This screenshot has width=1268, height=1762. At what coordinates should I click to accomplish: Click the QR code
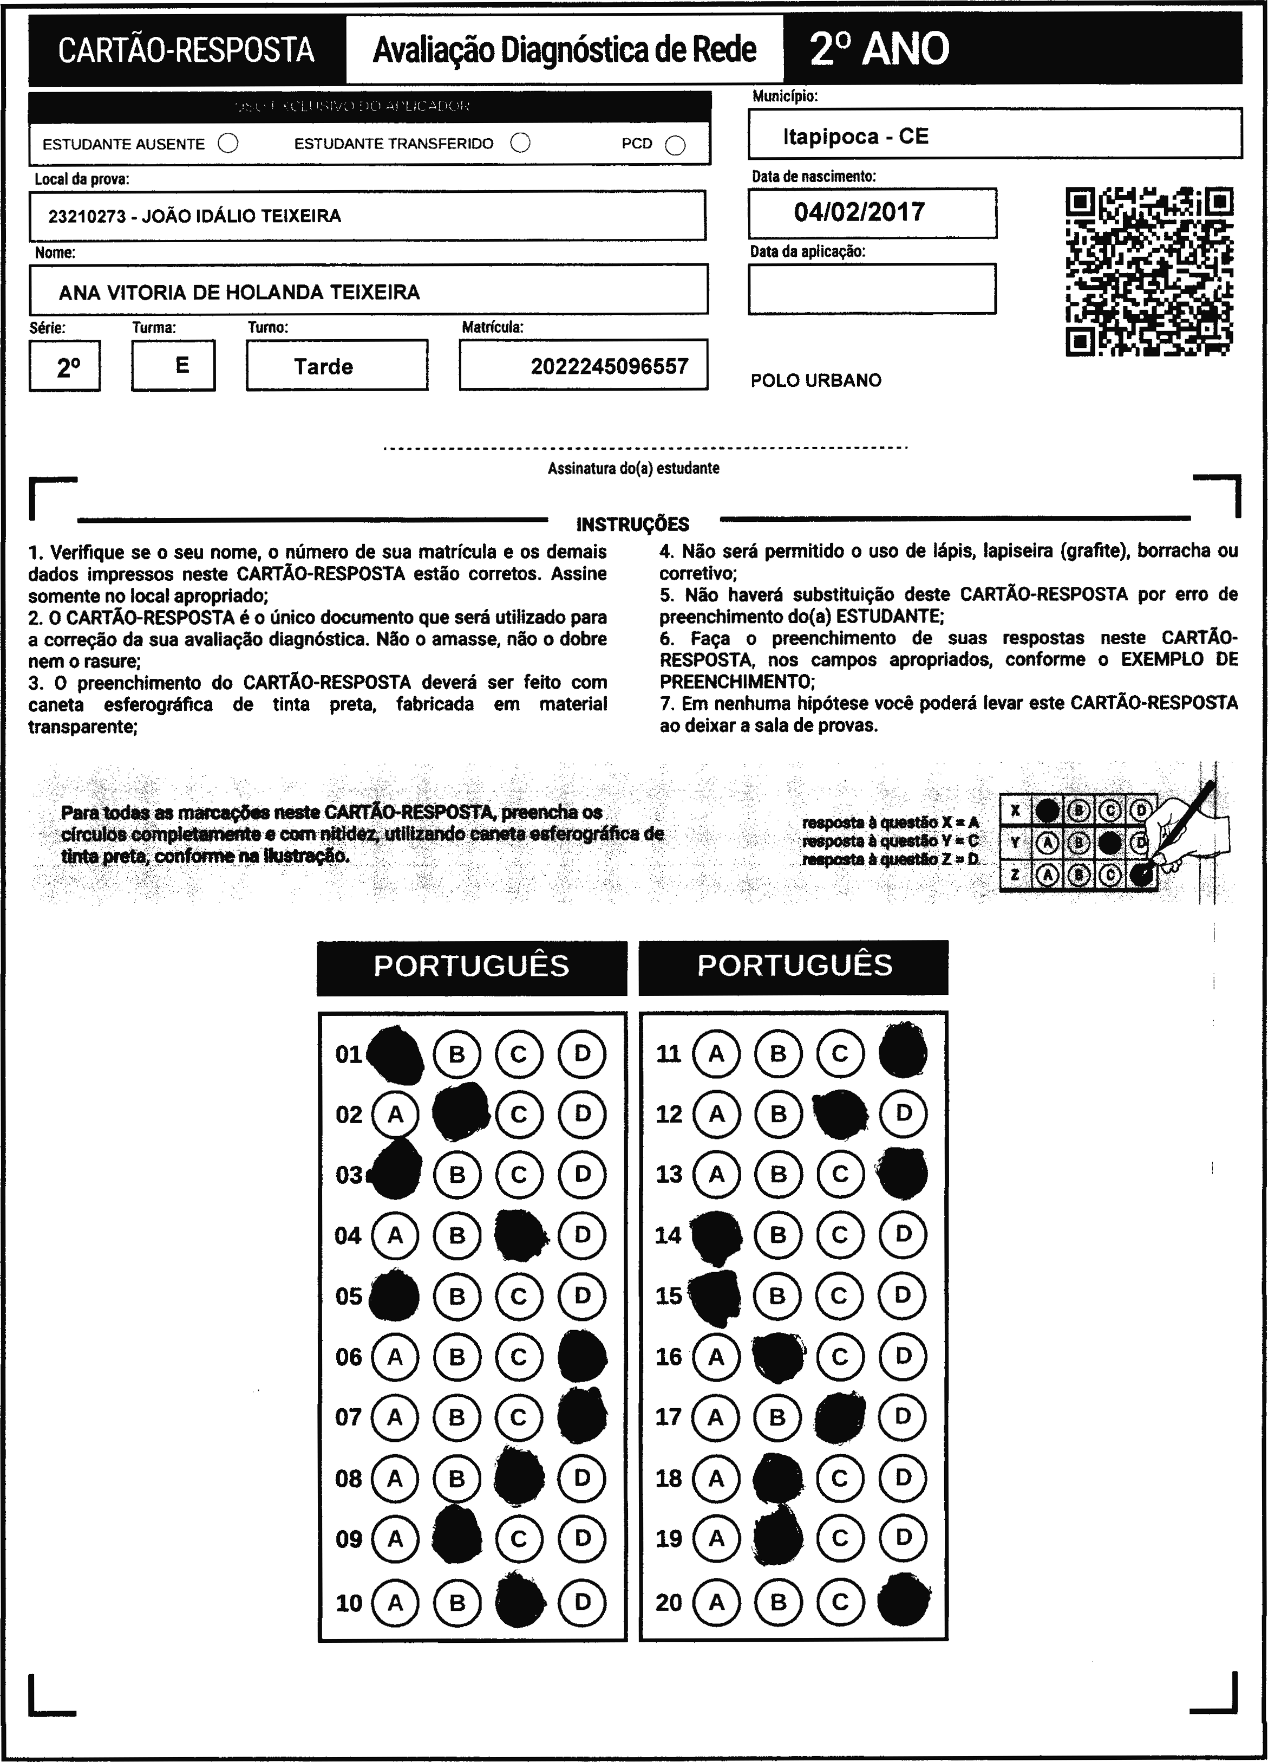[x=1149, y=271]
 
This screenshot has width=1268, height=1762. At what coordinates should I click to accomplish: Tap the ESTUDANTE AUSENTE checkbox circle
[x=228, y=144]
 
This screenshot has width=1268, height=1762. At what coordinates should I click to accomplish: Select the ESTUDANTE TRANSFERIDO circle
[x=520, y=143]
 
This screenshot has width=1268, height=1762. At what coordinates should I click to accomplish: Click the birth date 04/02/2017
[x=860, y=212]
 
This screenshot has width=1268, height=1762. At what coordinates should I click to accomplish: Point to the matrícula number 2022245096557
[x=610, y=367]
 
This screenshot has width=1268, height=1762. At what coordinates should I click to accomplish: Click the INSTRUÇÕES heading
[x=633, y=524]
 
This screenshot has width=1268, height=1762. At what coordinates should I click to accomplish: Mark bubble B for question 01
[x=457, y=1054]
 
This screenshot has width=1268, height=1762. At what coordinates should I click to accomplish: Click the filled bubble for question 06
[x=583, y=1357]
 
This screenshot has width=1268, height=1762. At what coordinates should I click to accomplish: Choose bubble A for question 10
[x=395, y=1603]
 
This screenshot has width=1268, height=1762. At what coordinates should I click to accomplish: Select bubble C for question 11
[x=840, y=1054]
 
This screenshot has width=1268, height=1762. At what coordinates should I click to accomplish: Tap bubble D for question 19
[x=903, y=1538]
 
